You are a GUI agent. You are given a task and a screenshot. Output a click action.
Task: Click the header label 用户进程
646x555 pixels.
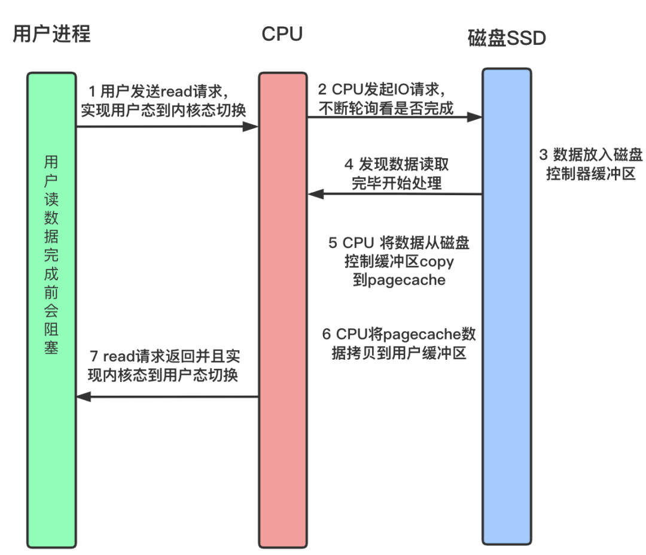coord(51,34)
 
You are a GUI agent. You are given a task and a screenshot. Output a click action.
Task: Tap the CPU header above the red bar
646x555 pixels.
coord(282,34)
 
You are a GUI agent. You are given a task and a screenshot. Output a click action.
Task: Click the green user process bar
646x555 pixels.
coord(52,419)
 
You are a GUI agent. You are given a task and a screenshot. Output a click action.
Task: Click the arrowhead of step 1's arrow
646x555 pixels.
coord(251,126)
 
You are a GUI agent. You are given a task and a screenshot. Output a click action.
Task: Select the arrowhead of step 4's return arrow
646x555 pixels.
coord(315,194)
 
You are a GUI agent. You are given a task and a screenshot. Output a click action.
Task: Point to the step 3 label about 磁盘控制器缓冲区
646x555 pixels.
coord(590,165)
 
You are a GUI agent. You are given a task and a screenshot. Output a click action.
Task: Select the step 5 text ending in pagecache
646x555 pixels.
coord(399,261)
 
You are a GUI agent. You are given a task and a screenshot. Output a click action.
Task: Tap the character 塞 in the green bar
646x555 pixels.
coord(52,347)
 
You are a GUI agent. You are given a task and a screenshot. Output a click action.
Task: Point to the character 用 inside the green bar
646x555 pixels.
coord(52,162)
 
